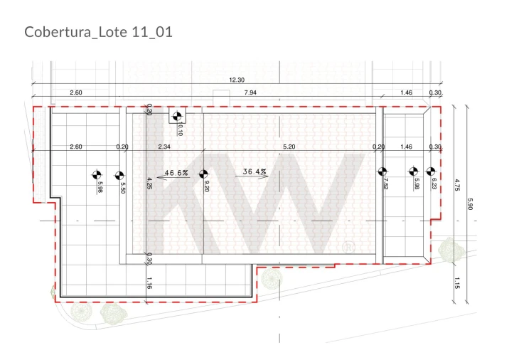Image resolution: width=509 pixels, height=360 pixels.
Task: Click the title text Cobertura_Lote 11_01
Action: point(98,32)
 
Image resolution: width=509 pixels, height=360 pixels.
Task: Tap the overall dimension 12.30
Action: point(237,80)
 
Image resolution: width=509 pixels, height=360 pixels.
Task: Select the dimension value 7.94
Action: point(250,92)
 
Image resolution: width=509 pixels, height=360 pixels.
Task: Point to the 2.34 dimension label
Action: point(164,147)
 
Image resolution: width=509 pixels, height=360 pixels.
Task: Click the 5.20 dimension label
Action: point(289,147)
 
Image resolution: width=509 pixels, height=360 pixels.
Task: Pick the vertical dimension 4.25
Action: point(149,184)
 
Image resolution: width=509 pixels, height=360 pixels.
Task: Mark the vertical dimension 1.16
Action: point(149,283)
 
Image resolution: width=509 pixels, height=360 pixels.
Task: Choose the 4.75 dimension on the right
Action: point(456,184)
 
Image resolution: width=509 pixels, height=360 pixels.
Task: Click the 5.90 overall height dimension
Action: point(470,204)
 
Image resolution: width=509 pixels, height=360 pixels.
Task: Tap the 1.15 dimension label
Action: point(456,283)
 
